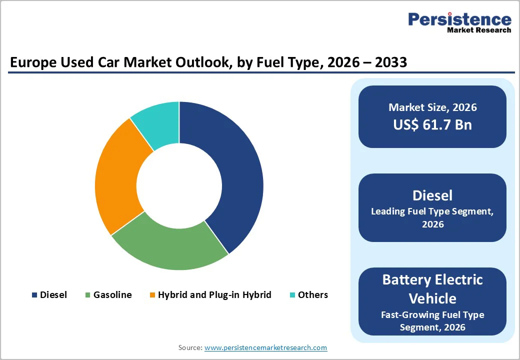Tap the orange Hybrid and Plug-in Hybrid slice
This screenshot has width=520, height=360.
tap(117, 175)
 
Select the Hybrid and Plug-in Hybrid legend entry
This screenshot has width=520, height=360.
tap(214, 295)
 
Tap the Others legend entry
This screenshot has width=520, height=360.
tap(312, 295)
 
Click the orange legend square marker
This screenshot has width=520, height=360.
tap(152, 295)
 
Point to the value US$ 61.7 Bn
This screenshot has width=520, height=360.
tap(432, 124)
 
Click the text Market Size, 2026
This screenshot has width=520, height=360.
tap(432, 107)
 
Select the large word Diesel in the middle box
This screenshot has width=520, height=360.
tap(432, 195)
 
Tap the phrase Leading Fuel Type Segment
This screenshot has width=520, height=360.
tap(432, 211)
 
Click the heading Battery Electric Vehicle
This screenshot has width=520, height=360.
tap(432, 289)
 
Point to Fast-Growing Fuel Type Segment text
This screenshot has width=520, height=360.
tap(432, 321)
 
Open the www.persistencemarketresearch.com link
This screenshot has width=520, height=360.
tap(265, 347)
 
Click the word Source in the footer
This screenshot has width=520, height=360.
tap(190, 347)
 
